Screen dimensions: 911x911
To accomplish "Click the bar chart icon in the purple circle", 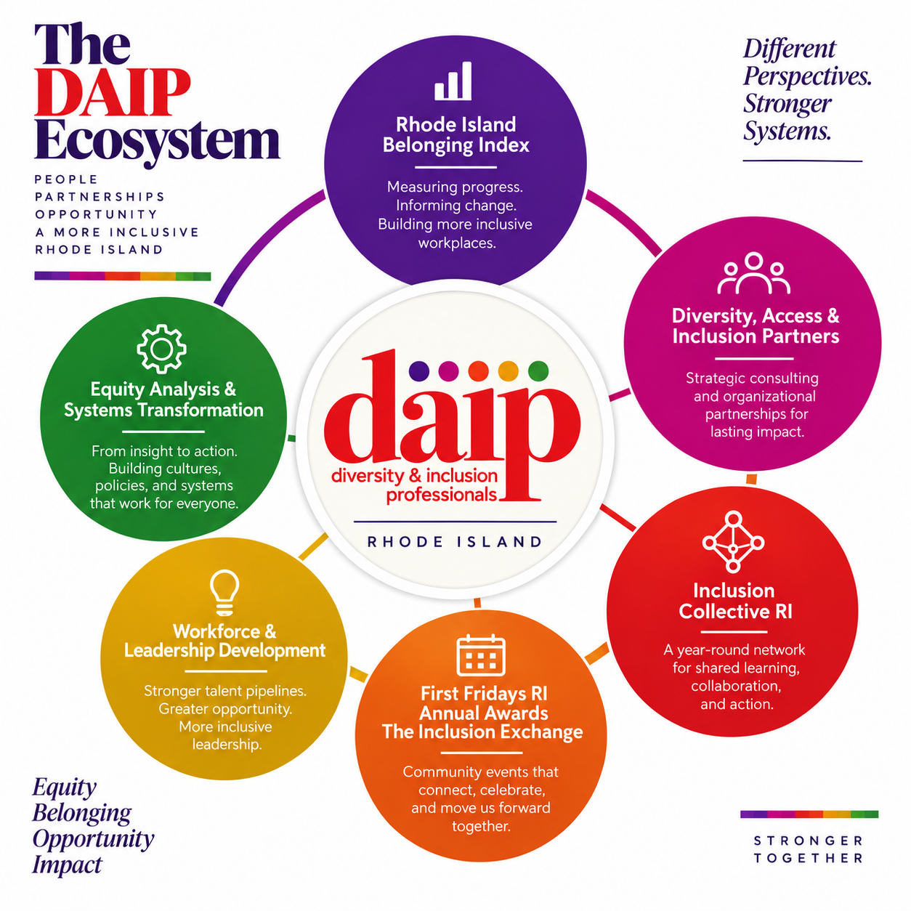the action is click(x=453, y=81).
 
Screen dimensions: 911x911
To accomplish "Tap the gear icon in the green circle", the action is click(x=162, y=349).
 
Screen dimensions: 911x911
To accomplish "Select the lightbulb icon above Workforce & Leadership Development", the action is click(x=224, y=592).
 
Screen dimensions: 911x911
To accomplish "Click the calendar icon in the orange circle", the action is click(x=481, y=655).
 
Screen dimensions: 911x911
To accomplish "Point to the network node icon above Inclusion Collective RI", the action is click(x=733, y=542).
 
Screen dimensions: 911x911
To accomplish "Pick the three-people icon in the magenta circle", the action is click(x=753, y=273).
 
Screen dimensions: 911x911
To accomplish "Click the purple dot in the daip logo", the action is click(x=419, y=371).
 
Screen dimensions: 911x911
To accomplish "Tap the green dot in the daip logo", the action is click(x=538, y=371).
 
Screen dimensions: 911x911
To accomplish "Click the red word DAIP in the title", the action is click(x=113, y=93).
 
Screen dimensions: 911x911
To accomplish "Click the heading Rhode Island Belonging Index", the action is click(x=455, y=134).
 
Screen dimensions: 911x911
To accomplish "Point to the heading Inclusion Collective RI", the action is click(x=734, y=601).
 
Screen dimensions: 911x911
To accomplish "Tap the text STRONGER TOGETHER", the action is click(x=808, y=849).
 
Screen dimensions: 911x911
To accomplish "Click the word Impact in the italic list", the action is click(x=67, y=865).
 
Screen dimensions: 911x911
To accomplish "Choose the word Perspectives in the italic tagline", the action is click(x=807, y=76).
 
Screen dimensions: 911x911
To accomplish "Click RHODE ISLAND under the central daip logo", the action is click(x=454, y=542).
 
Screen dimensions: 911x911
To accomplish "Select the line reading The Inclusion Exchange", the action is click(x=482, y=732).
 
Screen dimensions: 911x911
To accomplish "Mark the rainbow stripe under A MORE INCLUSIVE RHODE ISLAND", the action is click(x=123, y=276).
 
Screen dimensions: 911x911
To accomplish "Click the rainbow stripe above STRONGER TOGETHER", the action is click(x=809, y=814).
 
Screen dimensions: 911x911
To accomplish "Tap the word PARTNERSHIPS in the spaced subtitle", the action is click(x=100, y=197).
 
